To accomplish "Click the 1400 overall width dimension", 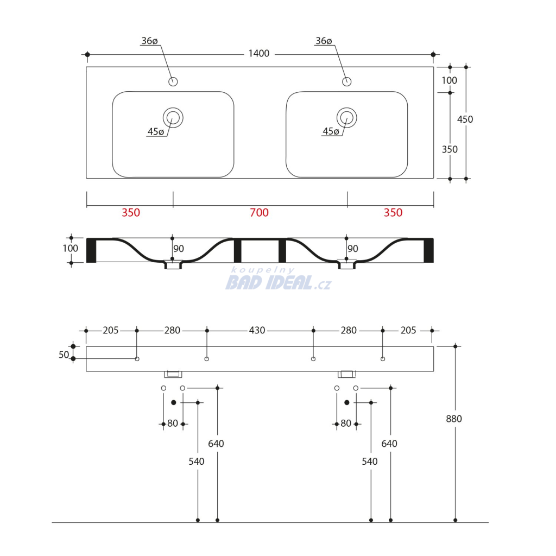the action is click(259, 54).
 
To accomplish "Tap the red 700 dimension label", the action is click(259, 213).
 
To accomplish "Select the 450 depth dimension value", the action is click(465, 119).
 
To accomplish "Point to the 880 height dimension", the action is click(454, 419).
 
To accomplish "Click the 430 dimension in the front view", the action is click(257, 331).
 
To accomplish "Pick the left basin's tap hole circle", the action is click(173, 81).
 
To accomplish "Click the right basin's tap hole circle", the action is click(347, 81).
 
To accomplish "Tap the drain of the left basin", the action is click(173, 117).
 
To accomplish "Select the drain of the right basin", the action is click(347, 117).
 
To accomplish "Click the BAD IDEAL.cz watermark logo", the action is click(278, 279).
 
